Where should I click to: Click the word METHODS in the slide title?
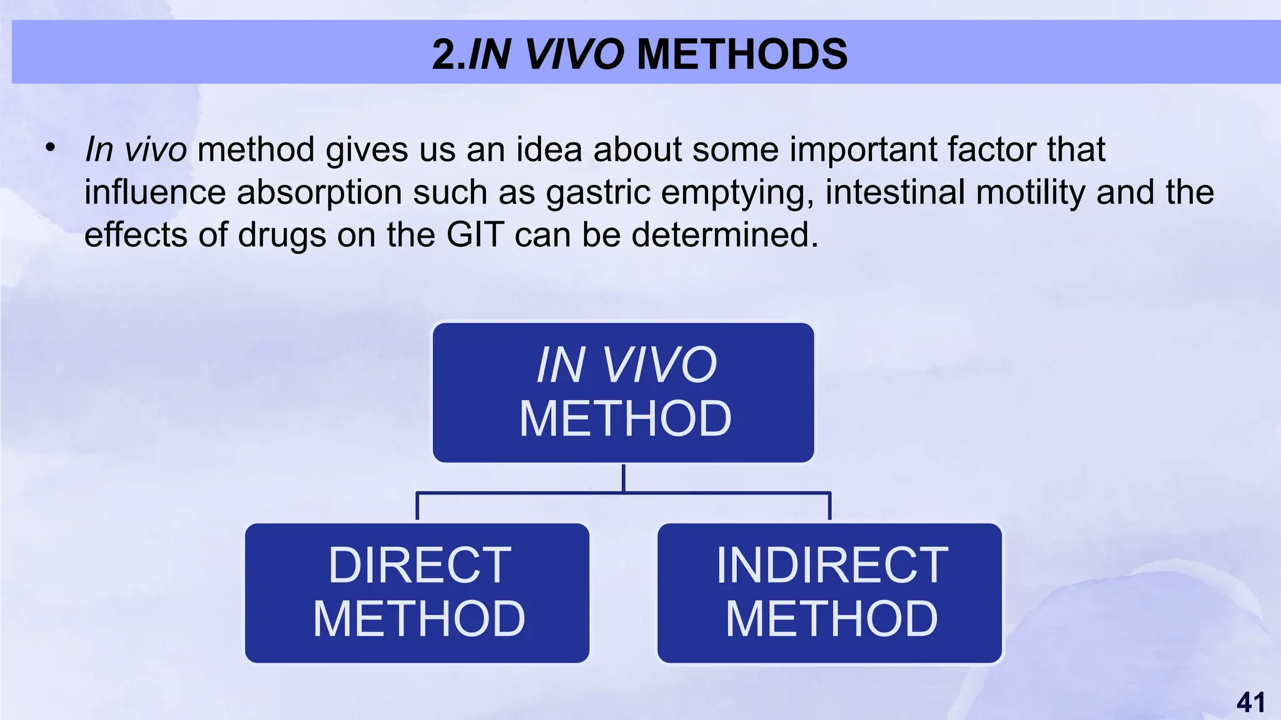click(742, 54)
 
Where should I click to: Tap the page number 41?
click(1250, 702)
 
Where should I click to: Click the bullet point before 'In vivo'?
click(50, 149)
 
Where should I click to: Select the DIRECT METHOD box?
click(417, 592)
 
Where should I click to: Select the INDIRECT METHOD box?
click(829, 592)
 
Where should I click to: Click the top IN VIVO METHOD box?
click(624, 392)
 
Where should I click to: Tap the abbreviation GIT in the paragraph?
click(475, 235)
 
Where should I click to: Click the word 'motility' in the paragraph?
click(1030, 192)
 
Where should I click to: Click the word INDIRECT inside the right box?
click(832, 566)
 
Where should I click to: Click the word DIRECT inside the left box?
click(420, 566)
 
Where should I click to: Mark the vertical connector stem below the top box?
click(624, 478)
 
